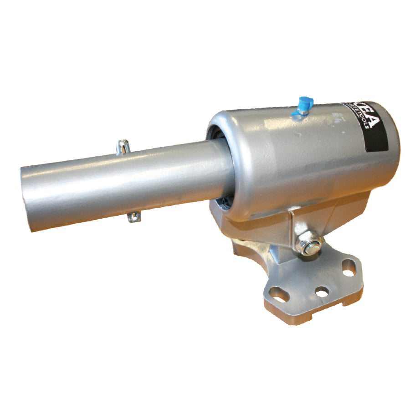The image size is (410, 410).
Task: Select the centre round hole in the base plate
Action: click(322, 292)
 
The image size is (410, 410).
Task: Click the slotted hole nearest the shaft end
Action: click(279, 294)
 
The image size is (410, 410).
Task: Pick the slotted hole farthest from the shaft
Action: click(349, 268)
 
